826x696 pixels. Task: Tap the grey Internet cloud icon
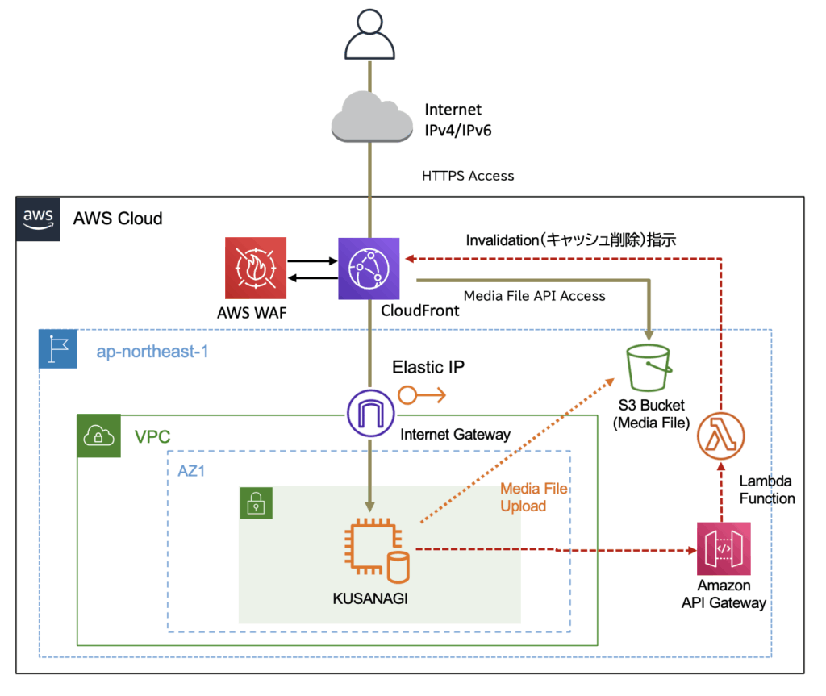pos(370,116)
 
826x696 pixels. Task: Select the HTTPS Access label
pos(468,175)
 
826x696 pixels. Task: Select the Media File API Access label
pos(534,296)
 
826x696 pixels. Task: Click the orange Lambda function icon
pos(720,436)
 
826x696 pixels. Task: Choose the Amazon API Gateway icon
pos(724,548)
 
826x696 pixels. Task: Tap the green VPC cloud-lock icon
pos(98,436)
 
